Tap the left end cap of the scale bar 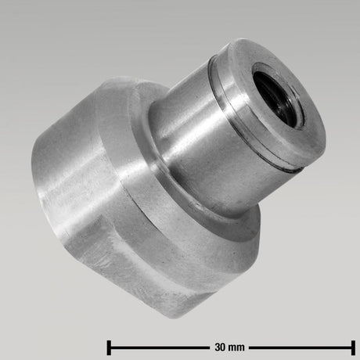(x=108, y=344)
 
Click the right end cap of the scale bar (x=354, y=344)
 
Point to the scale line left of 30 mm (x=157, y=344)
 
